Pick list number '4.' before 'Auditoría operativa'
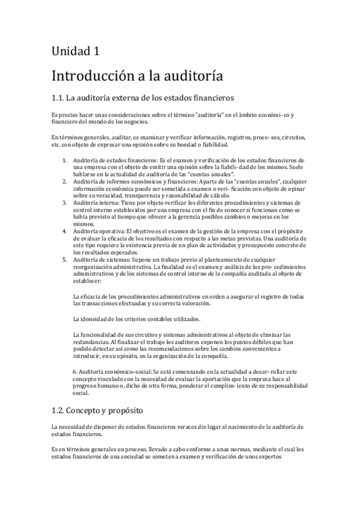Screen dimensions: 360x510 pos(65,230)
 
